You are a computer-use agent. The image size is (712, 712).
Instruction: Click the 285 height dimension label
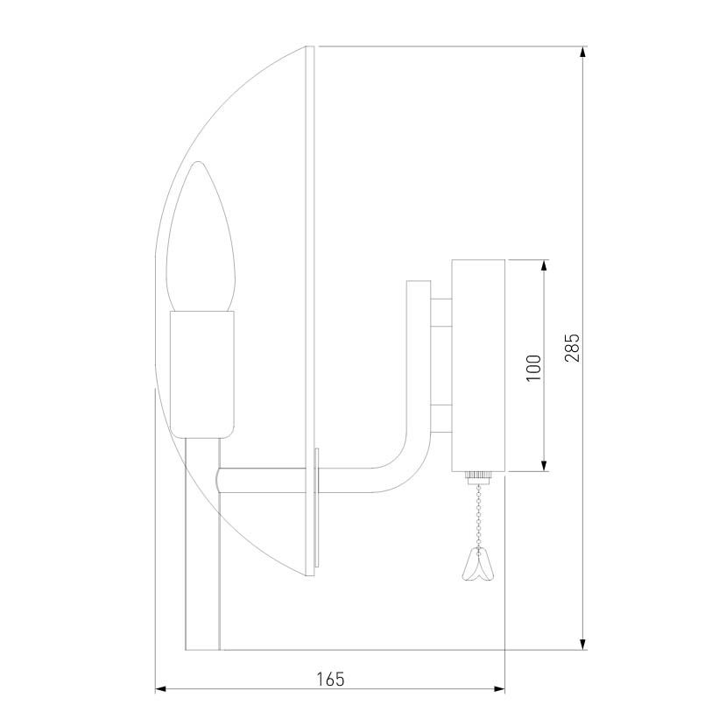(x=572, y=348)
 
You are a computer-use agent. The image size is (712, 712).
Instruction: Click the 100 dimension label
(x=534, y=368)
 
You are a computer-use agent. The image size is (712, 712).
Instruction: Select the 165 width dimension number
(x=330, y=680)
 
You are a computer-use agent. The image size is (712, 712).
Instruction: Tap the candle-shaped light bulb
(x=201, y=236)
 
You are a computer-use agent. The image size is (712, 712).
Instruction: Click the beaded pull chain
(x=478, y=515)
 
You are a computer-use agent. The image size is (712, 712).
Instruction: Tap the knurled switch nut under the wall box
(x=478, y=477)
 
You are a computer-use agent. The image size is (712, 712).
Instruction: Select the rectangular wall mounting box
(x=478, y=365)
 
